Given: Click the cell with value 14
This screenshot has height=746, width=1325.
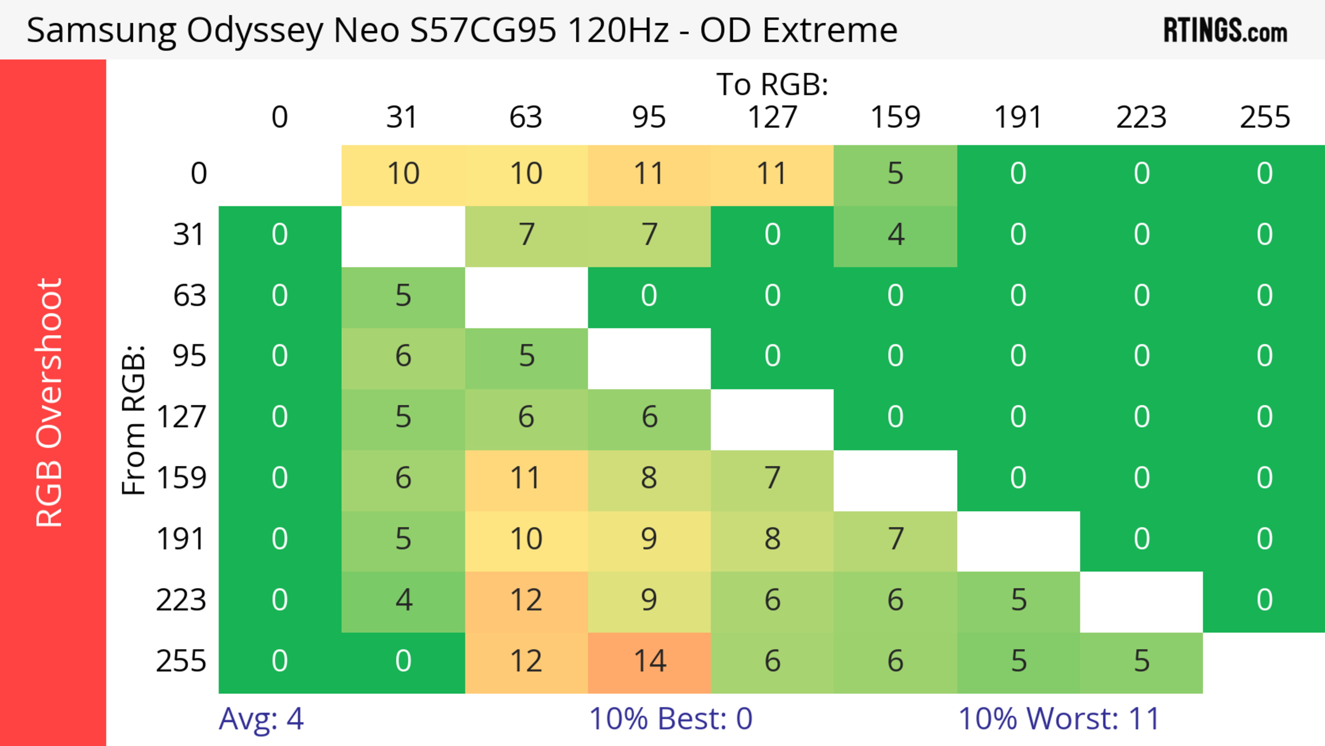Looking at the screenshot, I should click(x=649, y=662).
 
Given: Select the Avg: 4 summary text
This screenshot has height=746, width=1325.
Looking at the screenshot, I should click(x=261, y=719).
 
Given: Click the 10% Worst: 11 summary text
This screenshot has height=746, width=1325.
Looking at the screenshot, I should click(x=1059, y=719).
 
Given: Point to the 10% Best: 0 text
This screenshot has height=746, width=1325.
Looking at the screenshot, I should click(x=670, y=719).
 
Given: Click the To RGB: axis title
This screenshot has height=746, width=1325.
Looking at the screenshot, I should click(x=772, y=84).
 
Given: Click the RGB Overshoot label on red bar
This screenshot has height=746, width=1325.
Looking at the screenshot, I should click(x=50, y=402).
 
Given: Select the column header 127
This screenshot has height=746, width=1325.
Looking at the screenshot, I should click(x=772, y=118).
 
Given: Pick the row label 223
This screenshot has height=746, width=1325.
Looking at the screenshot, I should click(x=181, y=600).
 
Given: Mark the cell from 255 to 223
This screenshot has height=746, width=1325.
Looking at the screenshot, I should click(x=1141, y=662).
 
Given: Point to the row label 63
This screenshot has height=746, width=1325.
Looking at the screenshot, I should click(x=189, y=296).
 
